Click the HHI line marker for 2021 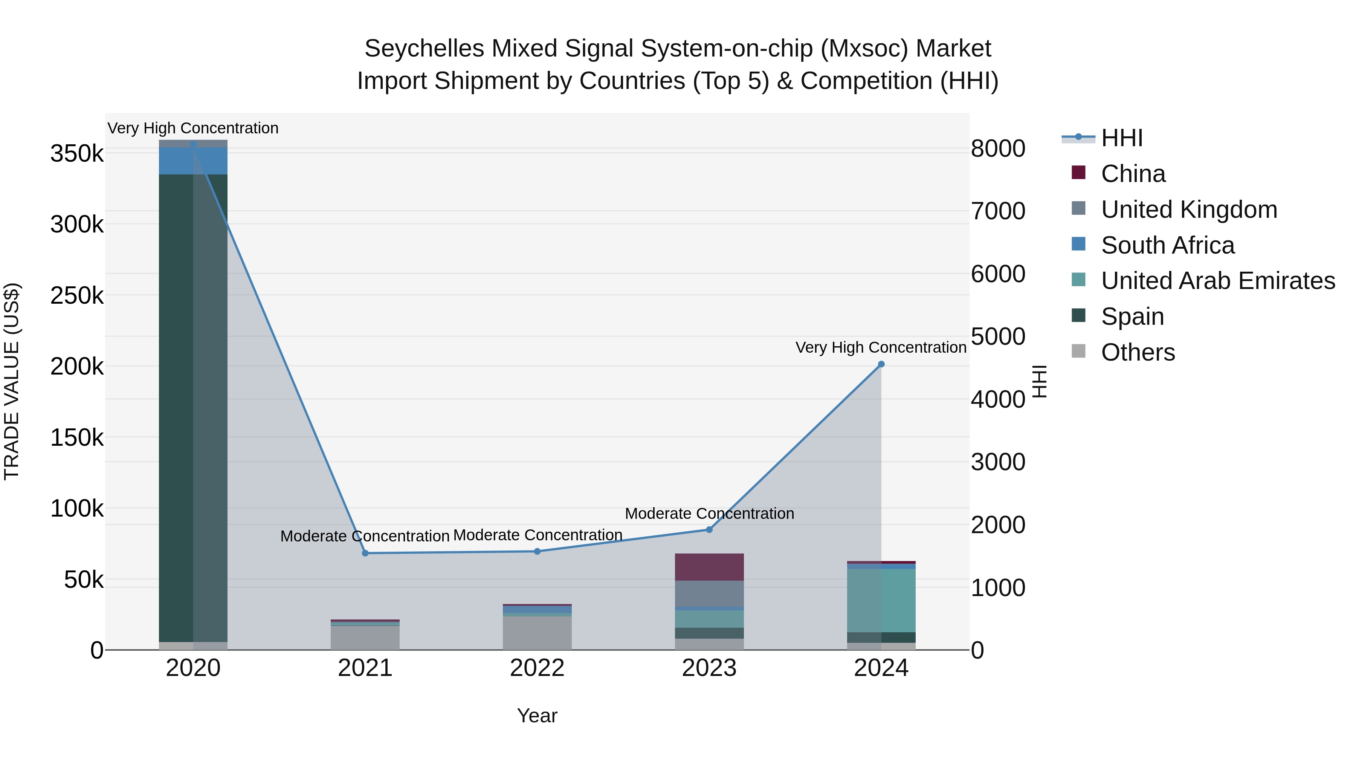(x=365, y=553)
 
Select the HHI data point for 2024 (x=881, y=364)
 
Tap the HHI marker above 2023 (x=709, y=530)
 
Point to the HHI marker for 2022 (x=537, y=551)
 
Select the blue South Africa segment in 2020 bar (x=193, y=161)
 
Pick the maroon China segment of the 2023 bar (x=709, y=567)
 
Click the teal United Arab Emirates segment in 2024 (x=881, y=600)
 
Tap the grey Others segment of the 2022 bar (x=537, y=633)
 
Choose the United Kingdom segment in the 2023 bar (x=709, y=593)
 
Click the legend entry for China (x=1133, y=174)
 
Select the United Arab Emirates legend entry (x=1217, y=281)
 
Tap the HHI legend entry (x=1121, y=138)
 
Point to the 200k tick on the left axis (x=77, y=367)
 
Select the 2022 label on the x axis (x=537, y=668)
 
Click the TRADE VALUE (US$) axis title (x=12, y=381)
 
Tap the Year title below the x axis (x=537, y=716)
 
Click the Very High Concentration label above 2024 (x=881, y=347)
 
